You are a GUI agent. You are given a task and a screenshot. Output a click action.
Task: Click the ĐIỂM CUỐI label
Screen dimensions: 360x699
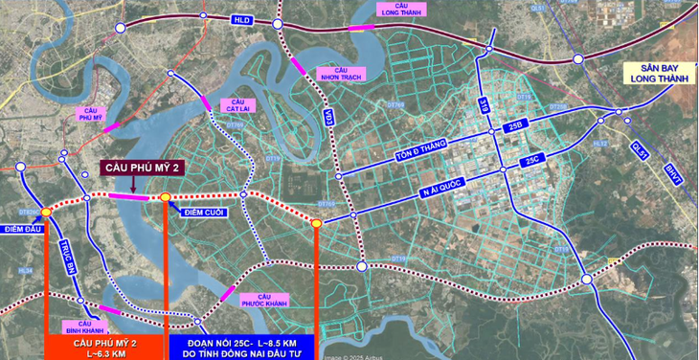[x=202, y=213]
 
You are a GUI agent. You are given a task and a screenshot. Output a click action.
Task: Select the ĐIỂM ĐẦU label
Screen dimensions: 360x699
[x=21, y=229]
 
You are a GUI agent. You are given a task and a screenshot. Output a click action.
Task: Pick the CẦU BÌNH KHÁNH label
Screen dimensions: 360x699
[x=84, y=326]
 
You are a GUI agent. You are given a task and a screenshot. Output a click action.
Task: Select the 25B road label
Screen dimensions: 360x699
[x=516, y=125]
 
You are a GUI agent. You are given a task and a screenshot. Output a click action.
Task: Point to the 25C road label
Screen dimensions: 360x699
[x=531, y=164]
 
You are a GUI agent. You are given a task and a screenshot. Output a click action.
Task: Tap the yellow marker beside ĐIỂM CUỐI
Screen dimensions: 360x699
[x=166, y=198]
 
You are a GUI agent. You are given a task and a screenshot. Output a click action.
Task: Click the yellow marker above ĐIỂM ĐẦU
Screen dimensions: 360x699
[x=46, y=211]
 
